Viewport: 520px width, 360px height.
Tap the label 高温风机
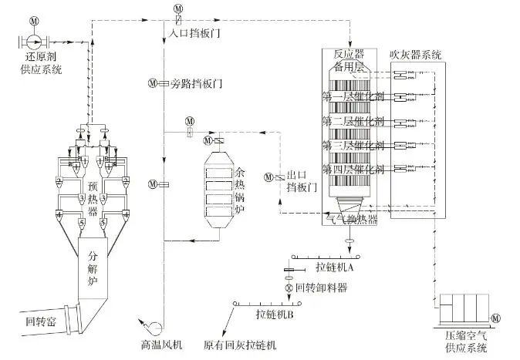(x=160, y=345)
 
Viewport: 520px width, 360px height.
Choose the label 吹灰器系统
(x=417, y=54)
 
